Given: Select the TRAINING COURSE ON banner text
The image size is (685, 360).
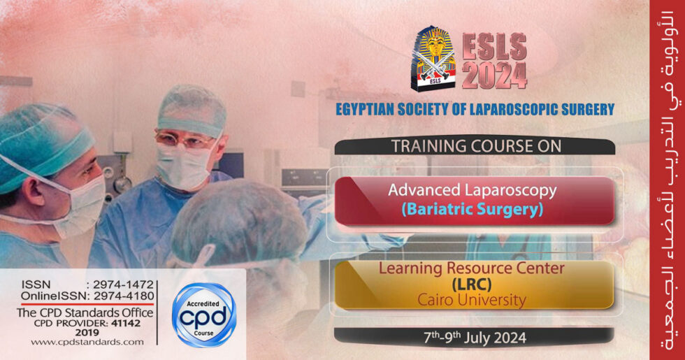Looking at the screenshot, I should click(475, 146).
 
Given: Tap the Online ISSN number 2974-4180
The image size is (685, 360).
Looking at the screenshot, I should click(128, 296).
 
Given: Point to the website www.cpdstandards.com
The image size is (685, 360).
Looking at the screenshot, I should click(87, 342).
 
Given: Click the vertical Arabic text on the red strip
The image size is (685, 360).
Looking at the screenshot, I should click(667, 180).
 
